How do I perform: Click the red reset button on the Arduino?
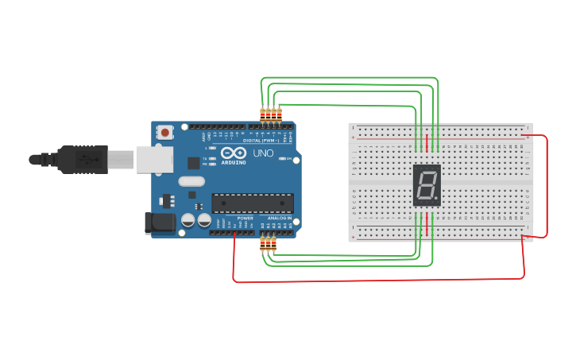pyautogui.click(x=164, y=132)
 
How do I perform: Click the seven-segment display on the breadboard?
pyautogui.click(x=427, y=186)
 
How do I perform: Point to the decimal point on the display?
pyautogui.click(x=436, y=199)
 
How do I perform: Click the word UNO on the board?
pyautogui.click(x=262, y=153)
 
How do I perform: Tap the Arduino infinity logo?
pyautogui.click(x=234, y=153)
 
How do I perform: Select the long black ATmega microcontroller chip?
pyautogui.click(x=252, y=203)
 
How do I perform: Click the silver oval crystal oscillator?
pyautogui.click(x=191, y=181)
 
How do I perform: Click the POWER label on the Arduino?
pyautogui.click(x=245, y=218)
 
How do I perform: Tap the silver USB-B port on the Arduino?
pyautogui.click(x=154, y=159)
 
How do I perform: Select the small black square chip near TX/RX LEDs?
pyautogui.click(x=193, y=163)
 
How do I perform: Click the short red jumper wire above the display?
pyautogui.click(x=427, y=143)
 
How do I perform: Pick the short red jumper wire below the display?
pyautogui.click(x=427, y=227)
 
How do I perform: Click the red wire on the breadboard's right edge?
pyautogui.click(x=546, y=187)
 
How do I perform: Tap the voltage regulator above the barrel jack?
pyautogui.click(x=168, y=199)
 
